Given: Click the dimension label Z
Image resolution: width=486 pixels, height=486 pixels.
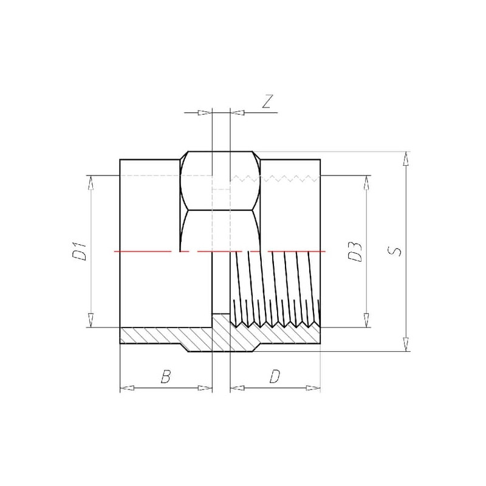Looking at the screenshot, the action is (x=267, y=101).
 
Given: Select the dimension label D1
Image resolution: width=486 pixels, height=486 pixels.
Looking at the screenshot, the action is (x=79, y=252).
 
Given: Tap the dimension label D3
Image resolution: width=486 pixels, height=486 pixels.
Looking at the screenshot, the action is (x=355, y=252).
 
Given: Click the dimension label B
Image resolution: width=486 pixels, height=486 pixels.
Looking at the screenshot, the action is (x=166, y=377).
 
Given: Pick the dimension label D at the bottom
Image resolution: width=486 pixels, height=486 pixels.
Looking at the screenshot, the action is (x=275, y=377).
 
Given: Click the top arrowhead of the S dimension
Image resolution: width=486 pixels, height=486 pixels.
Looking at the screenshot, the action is (x=405, y=159).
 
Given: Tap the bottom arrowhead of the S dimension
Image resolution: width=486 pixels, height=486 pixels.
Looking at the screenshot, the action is (x=405, y=344).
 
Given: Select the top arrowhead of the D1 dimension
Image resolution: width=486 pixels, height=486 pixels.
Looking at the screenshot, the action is (x=91, y=183).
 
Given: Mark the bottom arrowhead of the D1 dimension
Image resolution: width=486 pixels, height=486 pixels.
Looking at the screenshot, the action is (x=91, y=320).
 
